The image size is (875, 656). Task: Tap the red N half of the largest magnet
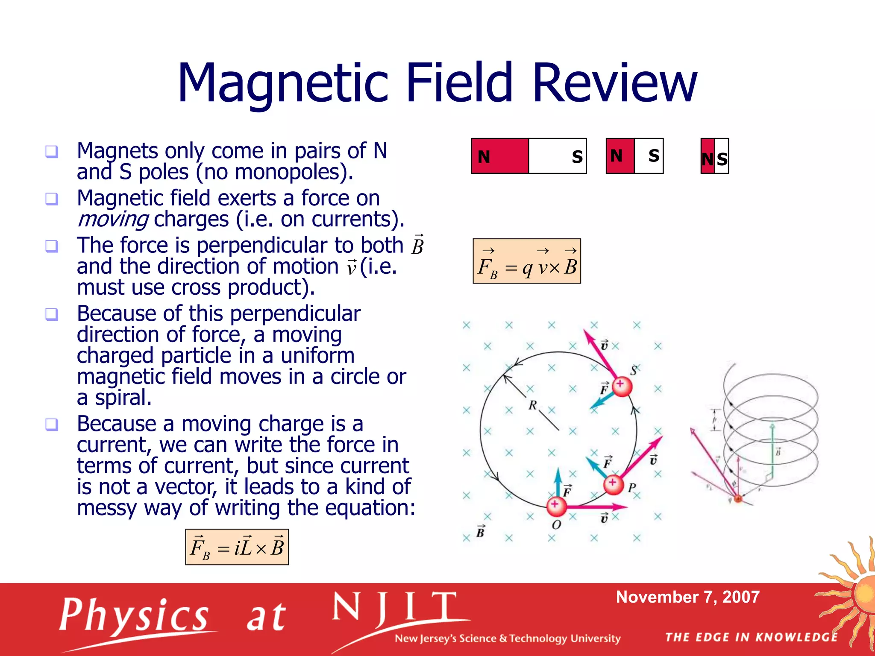pyautogui.click(x=500, y=156)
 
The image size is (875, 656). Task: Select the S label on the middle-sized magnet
pyautogui.click(x=653, y=155)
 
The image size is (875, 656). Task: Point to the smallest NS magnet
pyautogui.click(x=715, y=156)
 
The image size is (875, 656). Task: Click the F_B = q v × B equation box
pyautogui.click(x=526, y=261)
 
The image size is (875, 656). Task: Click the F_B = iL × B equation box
pyautogui.click(x=237, y=547)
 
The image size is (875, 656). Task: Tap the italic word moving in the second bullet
pyautogui.click(x=113, y=220)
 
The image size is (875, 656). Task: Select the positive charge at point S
pyautogui.click(x=621, y=387)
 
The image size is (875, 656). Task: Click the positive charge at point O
pyautogui.click(x=556, y=506)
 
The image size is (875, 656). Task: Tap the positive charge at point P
pyautogui.click(x=613, y=484)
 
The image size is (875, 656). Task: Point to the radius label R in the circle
pyautogui.click(x=532, y=405)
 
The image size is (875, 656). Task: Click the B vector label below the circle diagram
pyautogui.click(x=480, y=532)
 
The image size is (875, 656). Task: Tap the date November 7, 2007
pyautogui.click(x=687, y=597)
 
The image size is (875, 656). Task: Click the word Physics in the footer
pyautogui.click(x=133, y=615)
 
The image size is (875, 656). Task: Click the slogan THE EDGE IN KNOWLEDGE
pyautogui.click(x=751, y=637)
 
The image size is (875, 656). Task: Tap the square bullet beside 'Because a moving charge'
pyautogui.click(x=52, y=425)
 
